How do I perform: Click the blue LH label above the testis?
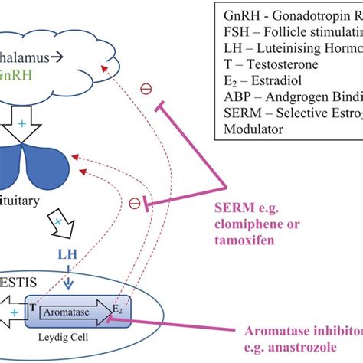pyautogui.click(x=67, y=252)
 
